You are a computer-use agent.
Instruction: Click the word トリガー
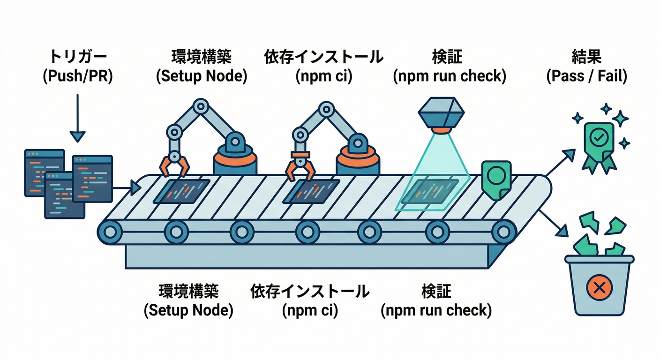(x=77, y=57)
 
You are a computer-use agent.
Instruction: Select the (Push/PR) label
(x=77, y=75)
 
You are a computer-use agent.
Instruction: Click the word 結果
(x=586, y=57)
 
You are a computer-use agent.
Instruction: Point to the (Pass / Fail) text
(x=586, y=75)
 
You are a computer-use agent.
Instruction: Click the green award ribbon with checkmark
(x=598, y=141)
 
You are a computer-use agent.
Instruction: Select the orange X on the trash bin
(x=599, y=287)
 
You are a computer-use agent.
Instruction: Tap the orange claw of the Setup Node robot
(x=174, y=166)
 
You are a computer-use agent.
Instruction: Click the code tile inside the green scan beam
(x=431, y=192)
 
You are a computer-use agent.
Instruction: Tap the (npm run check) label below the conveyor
(x=436, y=310)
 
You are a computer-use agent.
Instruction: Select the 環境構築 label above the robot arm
(x=201, y=57)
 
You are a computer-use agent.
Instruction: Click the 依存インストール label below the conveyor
(x=310, y=291)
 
